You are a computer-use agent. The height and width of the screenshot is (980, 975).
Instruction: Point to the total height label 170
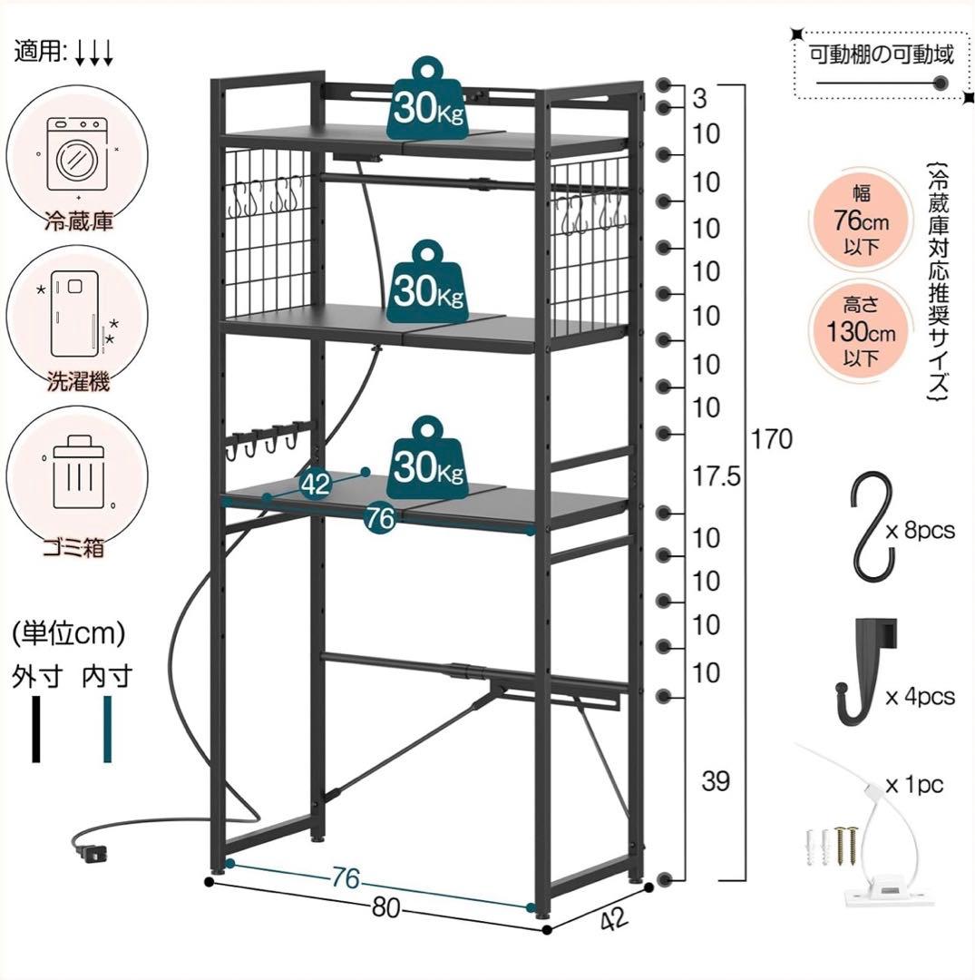772,440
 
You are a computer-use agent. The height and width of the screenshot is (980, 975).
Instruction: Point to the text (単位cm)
69,632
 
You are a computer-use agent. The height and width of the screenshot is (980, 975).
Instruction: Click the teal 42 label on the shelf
315,484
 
